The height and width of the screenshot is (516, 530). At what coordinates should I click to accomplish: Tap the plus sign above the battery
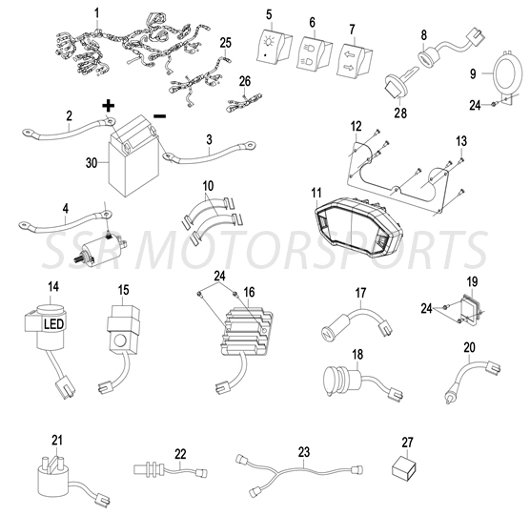[108, 105]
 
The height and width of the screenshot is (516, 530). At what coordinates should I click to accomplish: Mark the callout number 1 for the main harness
[96, 12]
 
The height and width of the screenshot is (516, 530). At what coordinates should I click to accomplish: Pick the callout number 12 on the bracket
[356, 126]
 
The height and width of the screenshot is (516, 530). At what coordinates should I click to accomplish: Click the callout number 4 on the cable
[64, 208]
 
